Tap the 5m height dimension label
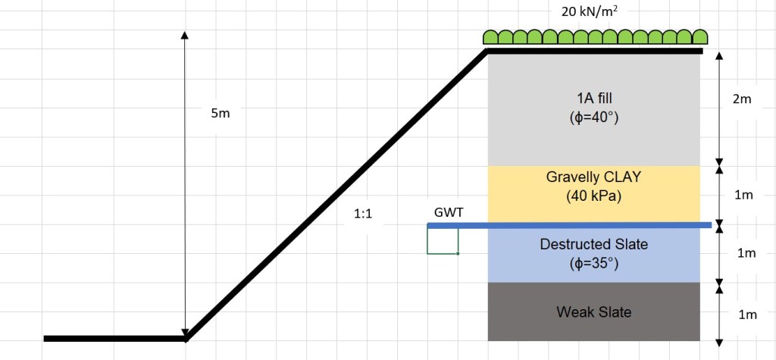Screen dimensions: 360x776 221,113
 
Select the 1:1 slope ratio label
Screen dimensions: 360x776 363,214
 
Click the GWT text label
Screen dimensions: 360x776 449,213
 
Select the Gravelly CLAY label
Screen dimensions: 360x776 593,177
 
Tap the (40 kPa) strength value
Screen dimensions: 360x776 593,196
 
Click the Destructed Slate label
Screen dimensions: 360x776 593,244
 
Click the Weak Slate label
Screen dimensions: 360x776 593,311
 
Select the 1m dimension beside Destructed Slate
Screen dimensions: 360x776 747,253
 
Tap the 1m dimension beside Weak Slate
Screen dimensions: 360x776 747,314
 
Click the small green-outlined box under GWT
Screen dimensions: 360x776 443,240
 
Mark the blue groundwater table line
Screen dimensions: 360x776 568,225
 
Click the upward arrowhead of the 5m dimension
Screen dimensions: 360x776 185,36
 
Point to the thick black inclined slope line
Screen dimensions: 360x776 336,194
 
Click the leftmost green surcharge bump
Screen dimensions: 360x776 492,36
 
